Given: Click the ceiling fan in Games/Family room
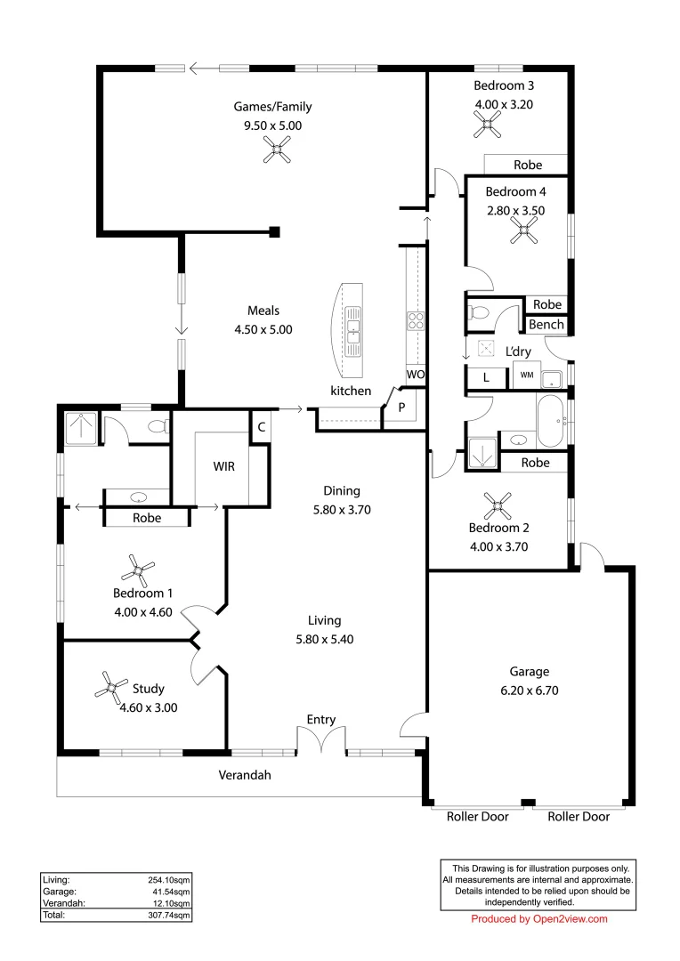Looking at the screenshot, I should (277, 153).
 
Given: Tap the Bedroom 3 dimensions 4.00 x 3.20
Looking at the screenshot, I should (505, 104).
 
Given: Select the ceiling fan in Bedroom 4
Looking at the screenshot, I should (524, 233).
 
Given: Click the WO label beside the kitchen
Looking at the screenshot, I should (415, 376).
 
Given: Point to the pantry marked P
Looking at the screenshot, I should (401, 408).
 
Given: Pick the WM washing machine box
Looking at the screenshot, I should (526, 376).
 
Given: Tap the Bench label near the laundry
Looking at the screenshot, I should (546, 325).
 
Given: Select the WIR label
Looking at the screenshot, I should (223, 466).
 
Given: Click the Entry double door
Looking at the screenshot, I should (320, 741).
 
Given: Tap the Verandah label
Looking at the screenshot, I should (245, 775).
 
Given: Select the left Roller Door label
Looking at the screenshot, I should (477, 816).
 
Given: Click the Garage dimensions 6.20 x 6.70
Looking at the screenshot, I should (529, 690).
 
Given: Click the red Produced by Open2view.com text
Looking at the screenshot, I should (538, 919).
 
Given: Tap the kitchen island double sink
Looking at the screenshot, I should (353, 325).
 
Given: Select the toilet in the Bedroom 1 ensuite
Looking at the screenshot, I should (158, 427).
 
